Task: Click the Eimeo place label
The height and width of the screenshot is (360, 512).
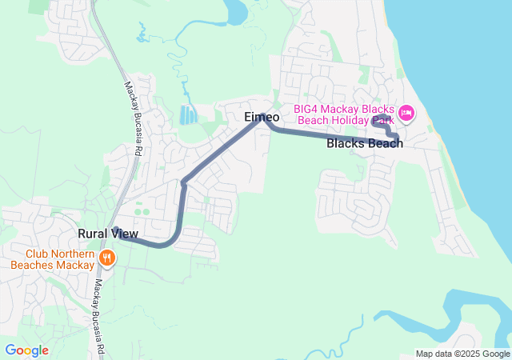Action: pos(262,117)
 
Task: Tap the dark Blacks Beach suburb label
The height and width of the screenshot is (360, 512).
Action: pos(365,144)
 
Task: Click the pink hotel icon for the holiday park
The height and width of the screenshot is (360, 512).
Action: pos(406,113)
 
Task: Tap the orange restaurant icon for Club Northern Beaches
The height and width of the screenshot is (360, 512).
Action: pos(107,258)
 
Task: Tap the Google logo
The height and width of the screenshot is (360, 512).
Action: pos(26,350)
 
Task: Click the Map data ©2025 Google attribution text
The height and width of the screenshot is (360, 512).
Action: pos(462,354)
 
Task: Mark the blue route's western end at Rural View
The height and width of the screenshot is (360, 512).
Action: pos(115,230)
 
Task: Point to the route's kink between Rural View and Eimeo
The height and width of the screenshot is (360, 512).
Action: pos(183,182)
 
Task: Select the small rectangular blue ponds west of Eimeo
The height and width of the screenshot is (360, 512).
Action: pos(187,115)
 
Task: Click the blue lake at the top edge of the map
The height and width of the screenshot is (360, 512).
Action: pos(236,10)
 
